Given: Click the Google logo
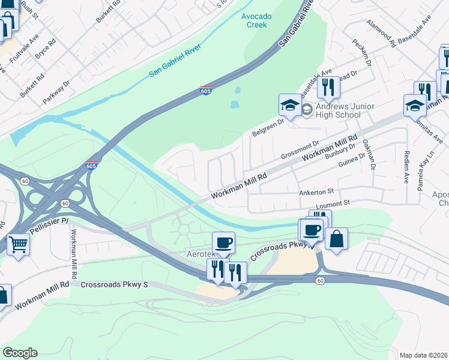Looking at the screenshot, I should pos(19,353).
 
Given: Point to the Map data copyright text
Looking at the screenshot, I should pos(424,355).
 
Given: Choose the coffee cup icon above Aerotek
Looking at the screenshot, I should pos(223,242).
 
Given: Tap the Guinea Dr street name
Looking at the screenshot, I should pos(352,160).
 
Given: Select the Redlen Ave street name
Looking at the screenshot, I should pos(407,167).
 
